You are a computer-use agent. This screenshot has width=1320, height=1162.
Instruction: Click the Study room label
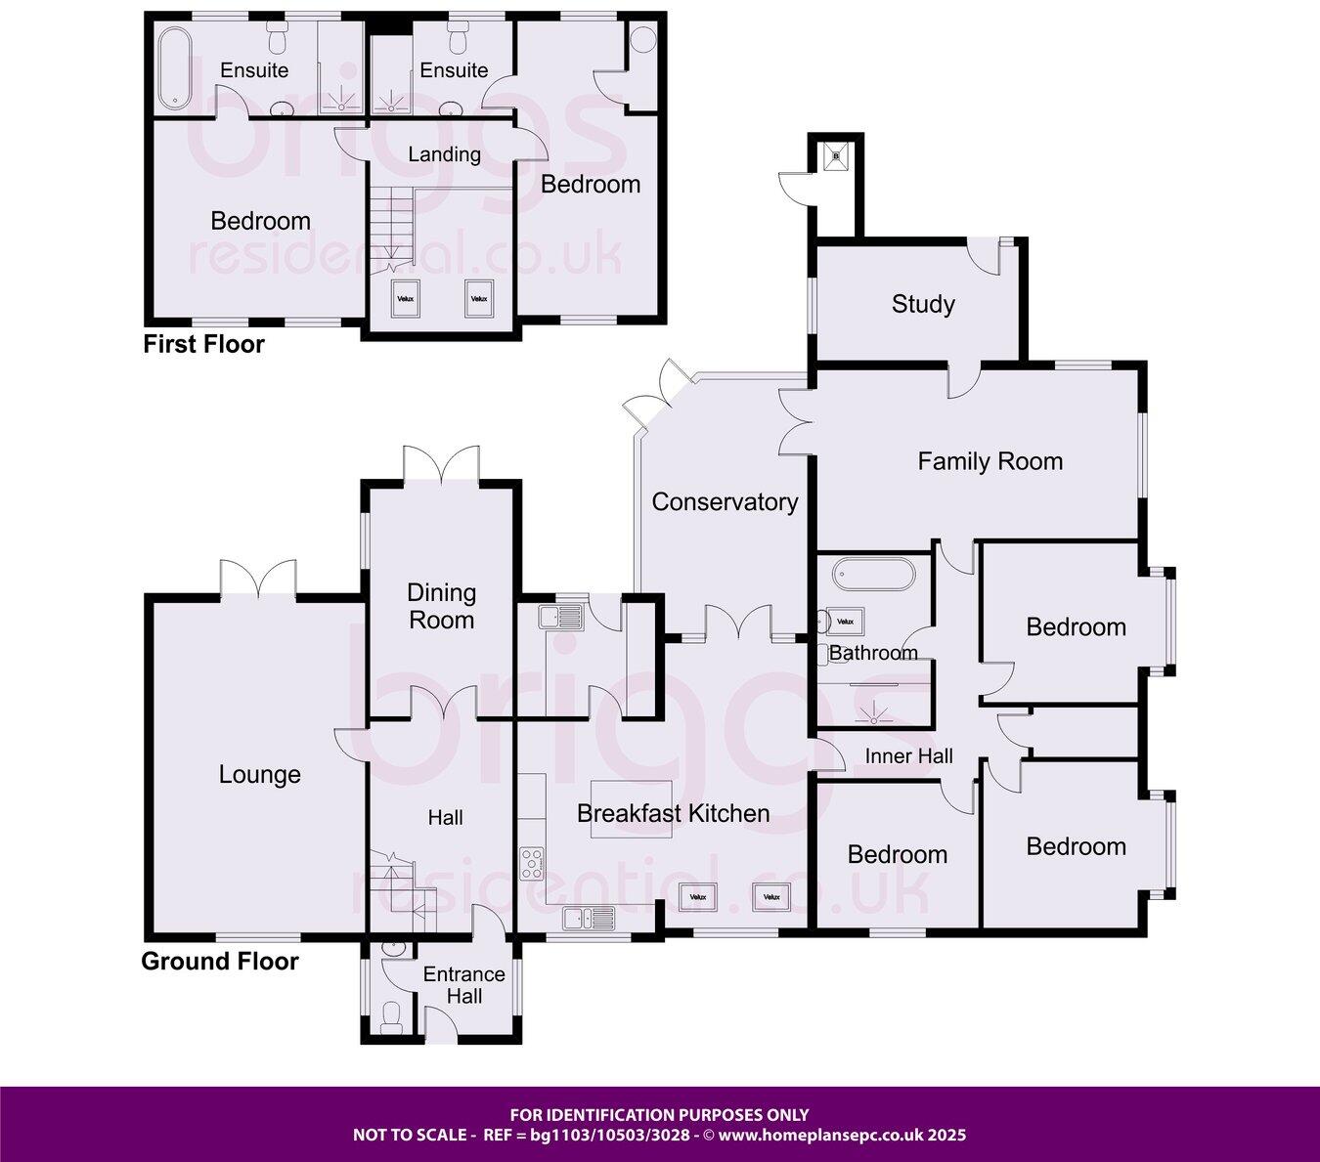[x=922, y=304]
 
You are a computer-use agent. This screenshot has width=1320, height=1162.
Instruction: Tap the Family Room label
[x=990, y=461]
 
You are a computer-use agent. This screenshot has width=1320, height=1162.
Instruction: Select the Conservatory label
[x=725, y=501]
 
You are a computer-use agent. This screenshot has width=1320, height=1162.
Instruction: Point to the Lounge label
[x=259, y=775]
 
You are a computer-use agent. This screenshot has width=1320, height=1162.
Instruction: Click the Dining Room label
[x=441, y=606]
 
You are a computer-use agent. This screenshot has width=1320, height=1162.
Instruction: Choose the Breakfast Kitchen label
[x=673, y=813]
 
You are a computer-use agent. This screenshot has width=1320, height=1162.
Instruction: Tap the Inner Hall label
[x=908, y=755]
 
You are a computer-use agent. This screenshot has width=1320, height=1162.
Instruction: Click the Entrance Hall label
[x=463, y=985]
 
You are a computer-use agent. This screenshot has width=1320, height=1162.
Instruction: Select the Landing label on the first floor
[x=444, y=154]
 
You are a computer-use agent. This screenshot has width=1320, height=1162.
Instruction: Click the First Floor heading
[x=203, y=344]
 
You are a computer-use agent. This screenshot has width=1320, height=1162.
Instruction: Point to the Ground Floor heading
[x=220, y=961]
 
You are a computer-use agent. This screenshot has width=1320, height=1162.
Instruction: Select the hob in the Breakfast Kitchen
[x=533, y=861]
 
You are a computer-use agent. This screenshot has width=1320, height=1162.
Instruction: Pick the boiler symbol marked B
[x=835, y=153]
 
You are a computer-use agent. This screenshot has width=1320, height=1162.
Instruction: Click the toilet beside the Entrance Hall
[x=392, y=1017]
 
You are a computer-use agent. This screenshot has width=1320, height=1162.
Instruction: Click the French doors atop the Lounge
[x=258, y=580]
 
